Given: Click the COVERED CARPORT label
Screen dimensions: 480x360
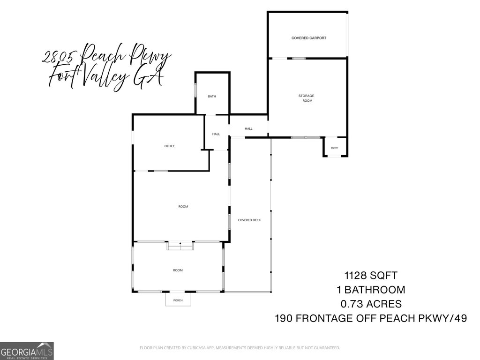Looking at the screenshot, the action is point(308,38).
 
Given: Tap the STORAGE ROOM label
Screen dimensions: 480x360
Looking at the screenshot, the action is point(307,98).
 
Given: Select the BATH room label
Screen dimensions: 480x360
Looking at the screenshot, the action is point(212,97).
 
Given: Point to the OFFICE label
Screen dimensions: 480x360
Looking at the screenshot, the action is point(169,146).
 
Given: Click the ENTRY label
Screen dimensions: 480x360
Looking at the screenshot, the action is point(334,148).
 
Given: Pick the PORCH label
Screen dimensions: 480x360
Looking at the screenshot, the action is point(178,300).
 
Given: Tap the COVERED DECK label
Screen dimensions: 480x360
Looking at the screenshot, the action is point(249,220).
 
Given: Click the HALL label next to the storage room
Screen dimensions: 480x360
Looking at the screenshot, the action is point(248,128).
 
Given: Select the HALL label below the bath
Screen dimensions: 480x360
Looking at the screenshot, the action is point(216,134).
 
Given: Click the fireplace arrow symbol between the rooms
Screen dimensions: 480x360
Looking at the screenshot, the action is point(180,243).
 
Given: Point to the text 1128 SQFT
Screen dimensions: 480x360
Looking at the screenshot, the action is point(371,276).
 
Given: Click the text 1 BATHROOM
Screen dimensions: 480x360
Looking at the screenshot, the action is point(371,290).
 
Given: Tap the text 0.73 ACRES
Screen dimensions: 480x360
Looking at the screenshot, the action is point(371,304).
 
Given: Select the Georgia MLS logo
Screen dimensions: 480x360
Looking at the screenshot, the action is point(27,351).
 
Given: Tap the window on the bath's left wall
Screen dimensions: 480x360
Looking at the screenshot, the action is point(195,90).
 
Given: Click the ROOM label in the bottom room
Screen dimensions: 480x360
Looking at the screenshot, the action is point(178,270).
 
